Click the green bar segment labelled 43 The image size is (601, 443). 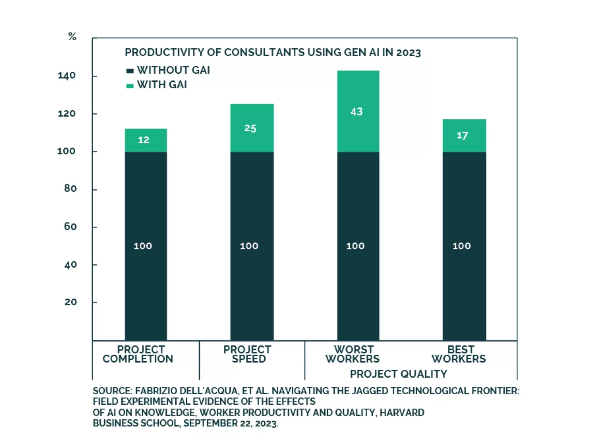pyautogui.click(x=358, y=112)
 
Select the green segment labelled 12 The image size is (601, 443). pyautogui.click(x=146, y=140)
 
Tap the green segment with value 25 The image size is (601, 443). pyautogui.click(x=252, y=128)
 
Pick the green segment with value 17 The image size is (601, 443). pyautogui.click(x=464, y=136)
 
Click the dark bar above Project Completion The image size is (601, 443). pyautogui.click(x=146, y=246)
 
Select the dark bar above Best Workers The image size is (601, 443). pyautogui.click(x=464, y=246)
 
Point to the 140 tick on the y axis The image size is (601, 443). pyautogui.click(x=67, y=76)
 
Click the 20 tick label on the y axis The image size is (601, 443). pyautogui.click(x=70, y=302)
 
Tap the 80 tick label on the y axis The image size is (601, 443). pyautogui.click(x=70, y=189)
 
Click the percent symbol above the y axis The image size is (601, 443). pyautogui.click(x=72, y=37)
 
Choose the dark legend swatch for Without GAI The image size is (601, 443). pyautogui.click(x=130, y=71)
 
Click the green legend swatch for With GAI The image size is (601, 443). pyautogui.click(x=130, y=86)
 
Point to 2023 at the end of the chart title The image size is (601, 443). pyautogui.click(x=408, y=53)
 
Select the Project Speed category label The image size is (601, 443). pyautogui.click(x=248, y=354)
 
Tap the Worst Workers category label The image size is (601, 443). pyautogui.click(x=353, y=354)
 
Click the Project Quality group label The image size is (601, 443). pyautogui.click(x=398, y=374)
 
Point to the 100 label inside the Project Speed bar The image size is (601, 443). pyautogui.click(x=249, y=246)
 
